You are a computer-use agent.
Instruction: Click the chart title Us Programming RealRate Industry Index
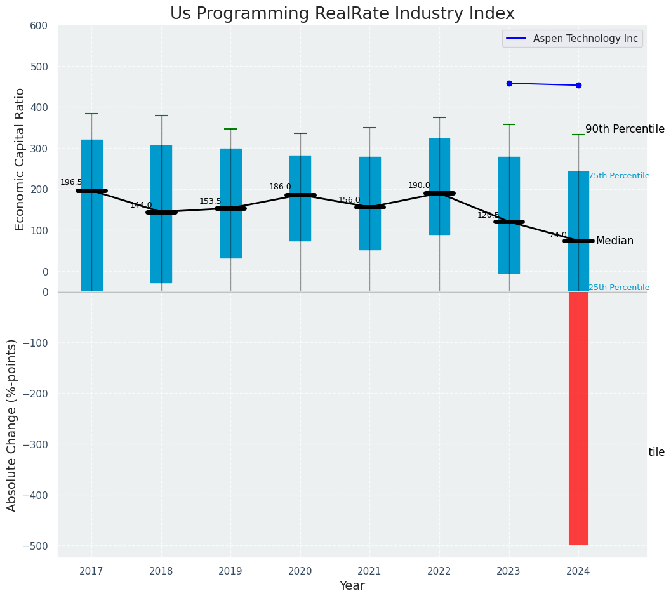click(342, 14)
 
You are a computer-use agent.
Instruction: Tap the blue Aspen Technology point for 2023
click(509, 83)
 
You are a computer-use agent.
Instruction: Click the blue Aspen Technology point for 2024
click(578, 85)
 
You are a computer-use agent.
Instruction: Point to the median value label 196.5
click(71, 182)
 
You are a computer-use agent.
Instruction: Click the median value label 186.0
click(280, 187)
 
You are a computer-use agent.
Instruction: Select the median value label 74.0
click(558, 235)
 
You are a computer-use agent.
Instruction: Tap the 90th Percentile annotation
click(625, 130)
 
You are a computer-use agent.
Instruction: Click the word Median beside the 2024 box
click(615, 241)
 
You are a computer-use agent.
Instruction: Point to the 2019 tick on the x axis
click(230, 571)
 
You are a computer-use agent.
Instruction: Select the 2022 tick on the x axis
click(439, 571)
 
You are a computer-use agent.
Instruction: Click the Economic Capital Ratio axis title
click(20, 159)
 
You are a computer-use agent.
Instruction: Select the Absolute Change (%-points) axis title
click(12, 425)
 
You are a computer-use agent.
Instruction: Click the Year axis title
click(352, 586)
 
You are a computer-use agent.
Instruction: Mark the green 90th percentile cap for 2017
click(91, 114)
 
